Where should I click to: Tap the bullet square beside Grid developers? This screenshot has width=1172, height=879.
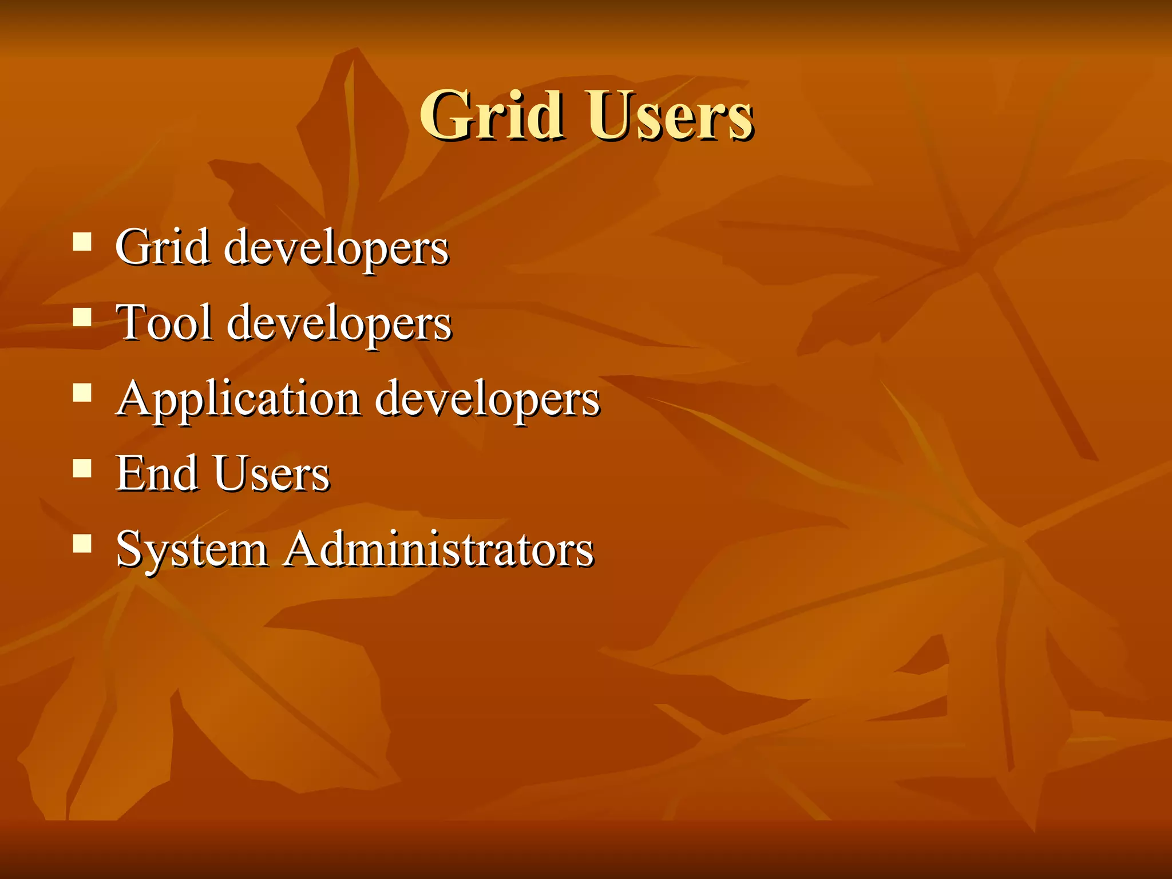tap(82, 242)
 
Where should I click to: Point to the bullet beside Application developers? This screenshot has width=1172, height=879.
tap(82, 393)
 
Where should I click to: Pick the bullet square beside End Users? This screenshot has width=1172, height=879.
tap(82, 468)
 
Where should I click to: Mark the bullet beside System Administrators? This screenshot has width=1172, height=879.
tap(82, 544)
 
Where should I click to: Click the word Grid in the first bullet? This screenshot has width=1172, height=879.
tap(162, 247)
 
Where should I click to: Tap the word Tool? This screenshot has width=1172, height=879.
tap(164, 323)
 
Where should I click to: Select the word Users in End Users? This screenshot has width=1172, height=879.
tap(272, 474)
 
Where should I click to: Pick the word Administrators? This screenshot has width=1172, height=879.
tap(439, 549)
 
